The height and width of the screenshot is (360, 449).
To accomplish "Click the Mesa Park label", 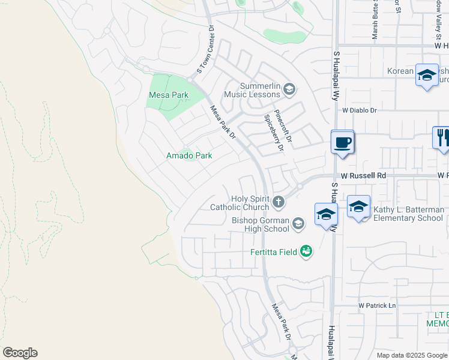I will pyautogui.click(x=169, y=95).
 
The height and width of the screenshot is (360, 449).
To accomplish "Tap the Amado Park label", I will pyautogui.click(x=189, y=155).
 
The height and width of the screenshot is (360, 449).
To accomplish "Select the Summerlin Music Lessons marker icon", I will pyautogui.click(x=289, y=90).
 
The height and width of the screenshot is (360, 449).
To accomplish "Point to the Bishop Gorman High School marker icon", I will pyautogui.click(x=298, y=224).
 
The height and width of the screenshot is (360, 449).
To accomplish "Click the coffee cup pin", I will pyautogui.click(x=342, y=143).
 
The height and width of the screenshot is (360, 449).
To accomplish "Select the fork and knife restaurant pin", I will pyautogui.click(x=442, y=137).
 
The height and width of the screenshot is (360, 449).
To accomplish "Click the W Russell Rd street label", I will pyautogui.click(x=363, y=175).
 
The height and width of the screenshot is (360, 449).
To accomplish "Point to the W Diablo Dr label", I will pyautogui.click(x=359, y=110).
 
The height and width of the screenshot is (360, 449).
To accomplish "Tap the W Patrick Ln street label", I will pyautogui.click(x=378, y=305).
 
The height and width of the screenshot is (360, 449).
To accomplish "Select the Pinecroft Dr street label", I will pyautogui.click(x=282, y=125).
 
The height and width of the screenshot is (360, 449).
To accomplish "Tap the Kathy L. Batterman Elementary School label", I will pyautogui.click(x=408, y=214).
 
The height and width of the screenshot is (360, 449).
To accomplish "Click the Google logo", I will pyautogui.click(x=20, y=353).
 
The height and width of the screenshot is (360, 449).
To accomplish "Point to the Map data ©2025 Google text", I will pyautogui.click(x=412, y=355).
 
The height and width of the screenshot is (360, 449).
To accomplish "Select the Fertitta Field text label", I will pyautogui.click(x=274, y=252).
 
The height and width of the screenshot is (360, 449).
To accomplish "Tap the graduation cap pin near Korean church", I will pyautogui.click(x=426, y=76).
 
